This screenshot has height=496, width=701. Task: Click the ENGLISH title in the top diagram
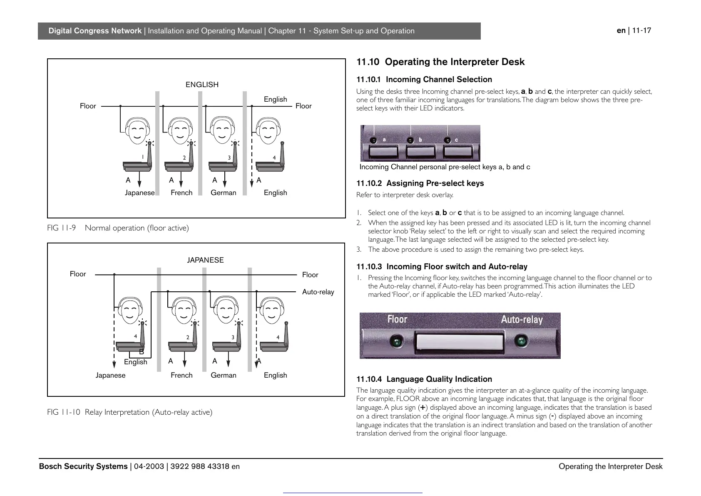(202, 85)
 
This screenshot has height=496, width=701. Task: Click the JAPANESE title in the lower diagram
(205, 260)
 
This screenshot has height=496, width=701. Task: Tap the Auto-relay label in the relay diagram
(318, 292)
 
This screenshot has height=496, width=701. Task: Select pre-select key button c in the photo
(457, 151)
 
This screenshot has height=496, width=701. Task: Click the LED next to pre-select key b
(410, 140)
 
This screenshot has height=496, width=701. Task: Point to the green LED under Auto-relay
(521, 342)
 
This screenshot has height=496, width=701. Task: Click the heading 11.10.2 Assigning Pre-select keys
(420, 183)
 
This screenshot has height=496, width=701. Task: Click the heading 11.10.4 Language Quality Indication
(424, 379)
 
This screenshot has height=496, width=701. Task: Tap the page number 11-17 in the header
(641, 30)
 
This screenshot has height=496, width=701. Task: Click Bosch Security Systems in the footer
(83, 466)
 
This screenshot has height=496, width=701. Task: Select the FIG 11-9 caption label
(62, 228)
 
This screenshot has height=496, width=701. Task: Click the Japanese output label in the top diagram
(139, 193)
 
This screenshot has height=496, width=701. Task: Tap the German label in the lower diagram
(223, 375)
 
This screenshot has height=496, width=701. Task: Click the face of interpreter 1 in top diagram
(137, 130)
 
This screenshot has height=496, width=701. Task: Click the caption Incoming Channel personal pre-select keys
(445, 167)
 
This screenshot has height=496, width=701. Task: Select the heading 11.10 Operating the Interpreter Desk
(440, 62)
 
